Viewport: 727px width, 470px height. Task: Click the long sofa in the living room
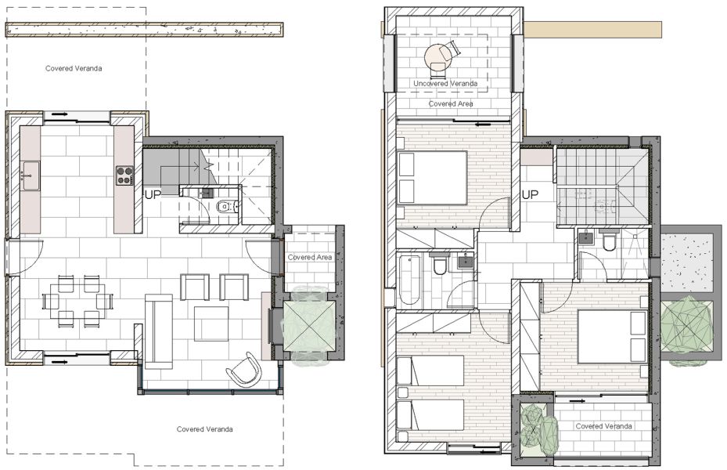click(158, 331)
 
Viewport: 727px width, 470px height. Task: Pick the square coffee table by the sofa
click(211, 323)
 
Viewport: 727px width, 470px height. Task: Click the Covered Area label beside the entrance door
click(310, 257)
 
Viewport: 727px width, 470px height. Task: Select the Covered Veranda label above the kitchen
click(74, 68)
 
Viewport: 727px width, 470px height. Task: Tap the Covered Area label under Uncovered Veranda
click(450, 103)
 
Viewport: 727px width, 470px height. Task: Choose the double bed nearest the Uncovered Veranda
click(433, 178)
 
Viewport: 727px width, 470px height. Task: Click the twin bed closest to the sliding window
click(430, 414)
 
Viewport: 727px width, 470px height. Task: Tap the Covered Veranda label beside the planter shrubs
click(603, 426)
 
